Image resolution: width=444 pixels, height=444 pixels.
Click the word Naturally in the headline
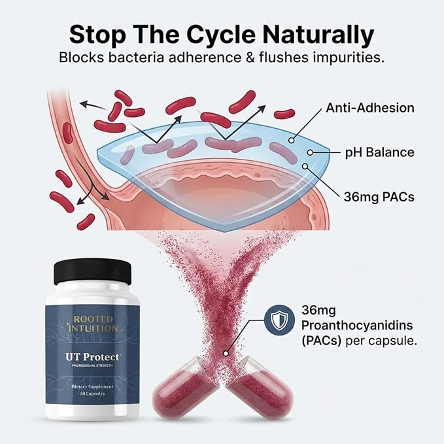[318, 35]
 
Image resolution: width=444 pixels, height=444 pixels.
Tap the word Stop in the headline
[97, 35]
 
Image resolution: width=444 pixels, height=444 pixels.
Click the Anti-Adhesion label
[370, 108]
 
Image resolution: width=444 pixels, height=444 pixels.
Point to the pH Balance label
[379, 152]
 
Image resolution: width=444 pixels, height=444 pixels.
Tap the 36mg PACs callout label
[379, 197]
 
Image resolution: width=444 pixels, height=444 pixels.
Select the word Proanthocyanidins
[357, 326]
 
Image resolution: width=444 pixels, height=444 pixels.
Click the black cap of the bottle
[93, 273]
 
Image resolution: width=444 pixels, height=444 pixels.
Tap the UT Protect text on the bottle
[93, 357]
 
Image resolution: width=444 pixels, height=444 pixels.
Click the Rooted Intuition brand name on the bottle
[93, 324]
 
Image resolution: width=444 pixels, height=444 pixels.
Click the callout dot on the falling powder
[226, 353]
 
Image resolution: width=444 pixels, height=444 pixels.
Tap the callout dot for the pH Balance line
[310, 152]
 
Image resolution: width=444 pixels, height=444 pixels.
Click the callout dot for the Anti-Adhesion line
[292, 140]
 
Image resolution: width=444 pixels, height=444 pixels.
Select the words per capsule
[381, 341]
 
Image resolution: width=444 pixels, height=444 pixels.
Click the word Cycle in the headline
[220, 35]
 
